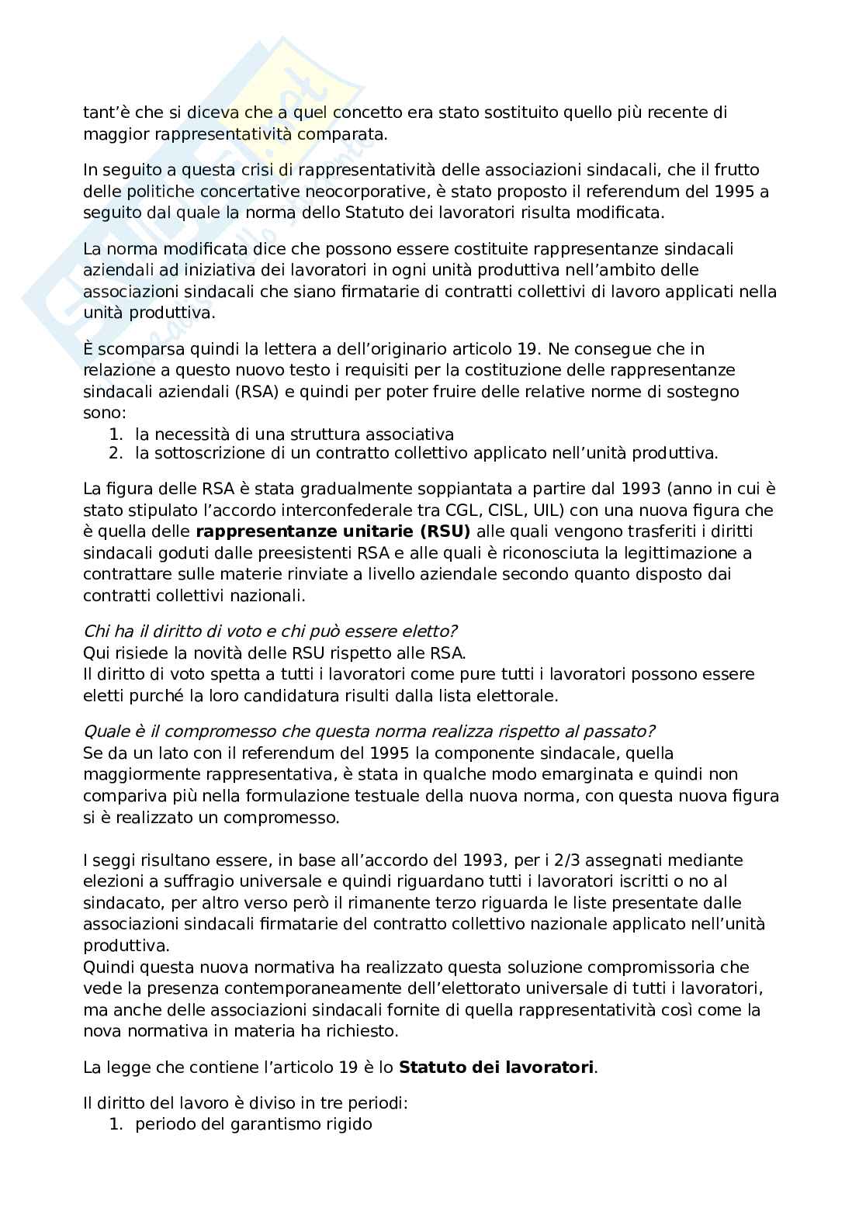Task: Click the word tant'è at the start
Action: click(102, 112)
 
